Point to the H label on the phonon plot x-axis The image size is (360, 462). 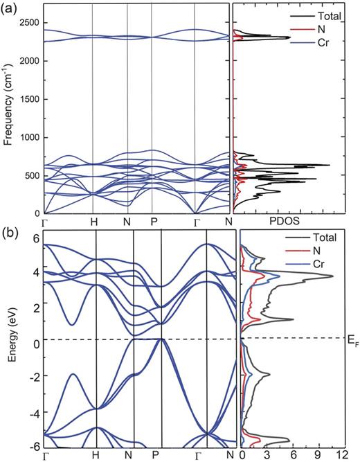[93, 221]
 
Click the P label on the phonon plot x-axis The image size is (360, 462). [152, 221]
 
